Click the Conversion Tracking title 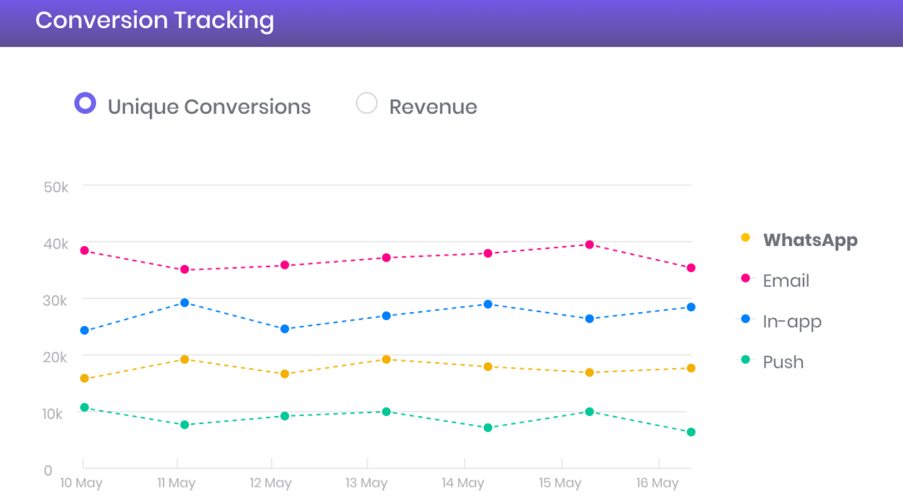click(154, 20)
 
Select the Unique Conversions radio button click(85, 103)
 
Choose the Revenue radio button click(366, 103)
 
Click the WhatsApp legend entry click(809, 240)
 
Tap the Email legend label click(785, 281)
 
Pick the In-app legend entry click(791, 321)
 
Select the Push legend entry click(783, 362)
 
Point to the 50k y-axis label click(56, 187)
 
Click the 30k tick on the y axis click(56, 300)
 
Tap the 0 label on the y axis click(48, 470)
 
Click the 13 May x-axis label click(366, 484)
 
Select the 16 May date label click(657, 484)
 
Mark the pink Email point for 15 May click(590, 245)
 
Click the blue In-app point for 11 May click(185, 303)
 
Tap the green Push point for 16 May click(691, 432)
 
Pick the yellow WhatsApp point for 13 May click(386, 359)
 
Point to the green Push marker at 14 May click(487, 428)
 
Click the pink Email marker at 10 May click(84, 251)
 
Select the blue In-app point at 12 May click(285, 329)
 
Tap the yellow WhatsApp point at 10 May click(84, 378)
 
